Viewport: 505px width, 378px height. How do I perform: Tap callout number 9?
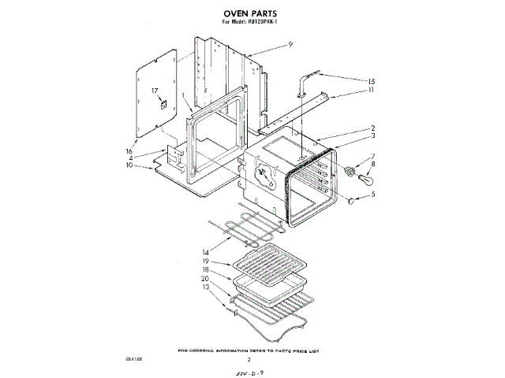(290, 45)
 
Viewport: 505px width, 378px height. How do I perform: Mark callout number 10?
(129, 165)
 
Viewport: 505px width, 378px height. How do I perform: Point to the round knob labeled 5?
(347, 202)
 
